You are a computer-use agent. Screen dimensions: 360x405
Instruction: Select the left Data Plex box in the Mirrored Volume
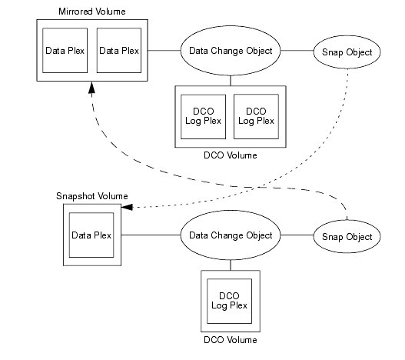tap(64, 51)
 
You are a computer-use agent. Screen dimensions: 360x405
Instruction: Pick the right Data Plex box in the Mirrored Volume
tap(118, 51)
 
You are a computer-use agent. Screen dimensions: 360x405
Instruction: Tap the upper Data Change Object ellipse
tap(231, 51)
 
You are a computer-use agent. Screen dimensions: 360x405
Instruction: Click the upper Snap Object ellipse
tap(346, 52)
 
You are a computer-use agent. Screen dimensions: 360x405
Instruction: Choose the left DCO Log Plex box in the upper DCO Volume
tap(202, 115)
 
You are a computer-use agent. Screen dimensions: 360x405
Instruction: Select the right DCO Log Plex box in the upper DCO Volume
tap(255, 115)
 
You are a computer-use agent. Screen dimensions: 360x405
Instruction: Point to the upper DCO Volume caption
tap(231, 155)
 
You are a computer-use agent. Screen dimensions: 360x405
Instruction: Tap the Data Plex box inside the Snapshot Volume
tap(91, 234)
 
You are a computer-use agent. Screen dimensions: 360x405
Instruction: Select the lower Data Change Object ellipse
tap(231, 235)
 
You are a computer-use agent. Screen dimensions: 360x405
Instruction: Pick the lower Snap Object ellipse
tap(346, 236)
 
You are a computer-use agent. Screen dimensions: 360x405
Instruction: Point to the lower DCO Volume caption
tap(231, 339)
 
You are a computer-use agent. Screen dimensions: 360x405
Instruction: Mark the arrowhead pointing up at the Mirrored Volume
tap(91, 89)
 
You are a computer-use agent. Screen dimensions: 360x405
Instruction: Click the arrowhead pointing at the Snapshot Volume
tap(128, 207)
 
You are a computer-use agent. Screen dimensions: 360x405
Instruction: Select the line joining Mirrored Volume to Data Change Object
tap(163, 51)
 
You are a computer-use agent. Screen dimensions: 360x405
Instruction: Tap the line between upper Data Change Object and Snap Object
tap(297, 51)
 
